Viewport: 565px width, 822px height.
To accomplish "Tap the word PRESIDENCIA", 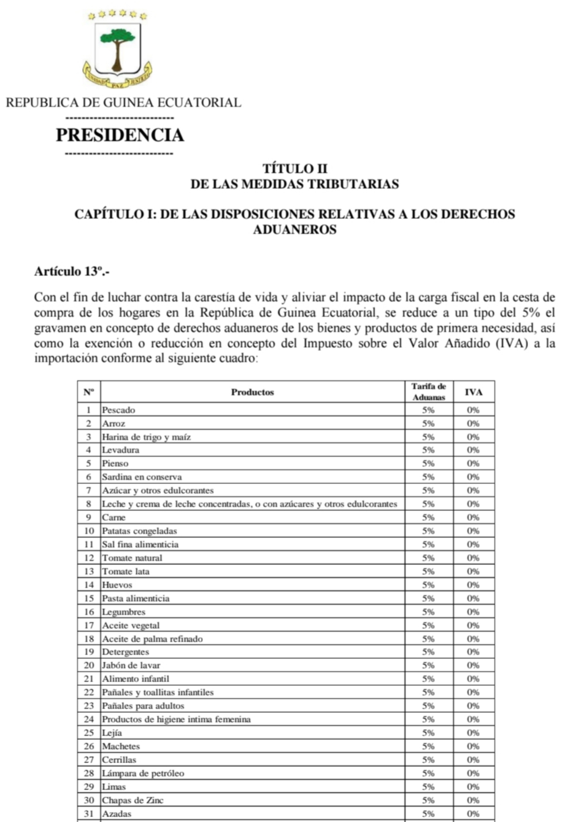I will [x=120, y=135].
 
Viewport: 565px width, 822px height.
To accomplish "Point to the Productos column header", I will [x=252, y=392].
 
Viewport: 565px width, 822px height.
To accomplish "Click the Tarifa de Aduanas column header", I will [x=428, y=392].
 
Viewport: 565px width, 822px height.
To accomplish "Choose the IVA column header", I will [x=473, y=392].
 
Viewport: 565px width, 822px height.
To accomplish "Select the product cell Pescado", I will [x=118, y=410].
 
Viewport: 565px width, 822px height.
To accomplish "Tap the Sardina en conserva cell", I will [x=142, y=477].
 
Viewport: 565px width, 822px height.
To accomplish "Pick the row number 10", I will [x=89, y=531].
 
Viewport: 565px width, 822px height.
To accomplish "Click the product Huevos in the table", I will [x=117, y=585].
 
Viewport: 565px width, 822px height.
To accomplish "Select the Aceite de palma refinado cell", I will [x=152, y=639].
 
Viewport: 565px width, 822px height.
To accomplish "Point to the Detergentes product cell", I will [x=125, y=652].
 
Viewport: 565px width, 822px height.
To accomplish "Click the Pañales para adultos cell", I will [x=143, y=706].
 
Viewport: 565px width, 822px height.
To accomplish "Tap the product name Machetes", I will [x=121, y=747].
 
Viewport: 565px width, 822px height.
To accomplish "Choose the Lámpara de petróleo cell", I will [x=143, y=774].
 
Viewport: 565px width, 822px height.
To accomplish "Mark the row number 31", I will [x=89, y=814].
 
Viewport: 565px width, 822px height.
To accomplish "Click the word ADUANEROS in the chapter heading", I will [x=294, y=231].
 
